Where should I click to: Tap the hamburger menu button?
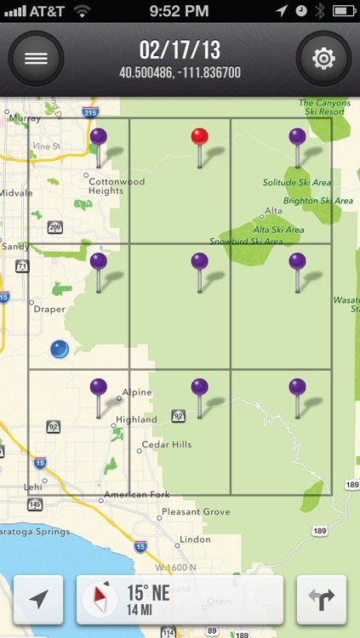coord(36,59)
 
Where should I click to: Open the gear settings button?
coord(323,59)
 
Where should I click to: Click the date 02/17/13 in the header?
coord(180,50)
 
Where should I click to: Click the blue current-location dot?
coord(59,348)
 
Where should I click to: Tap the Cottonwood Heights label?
coord(117,186)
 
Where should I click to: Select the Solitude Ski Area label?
coord(297,183)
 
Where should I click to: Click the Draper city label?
coord(49,310)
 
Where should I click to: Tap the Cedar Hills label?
coord(167,444)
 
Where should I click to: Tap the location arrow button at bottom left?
coord(38,600)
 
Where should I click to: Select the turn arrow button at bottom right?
coord(322,600)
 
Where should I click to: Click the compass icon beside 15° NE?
coord(100,600)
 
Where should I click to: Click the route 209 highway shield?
coord(55,227)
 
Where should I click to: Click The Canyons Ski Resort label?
coord(324,108)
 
